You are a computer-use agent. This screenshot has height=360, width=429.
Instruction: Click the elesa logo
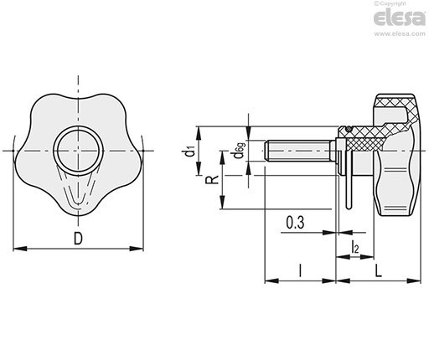(x=400, y=18)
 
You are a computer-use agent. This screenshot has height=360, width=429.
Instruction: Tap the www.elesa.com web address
(x=400, y=33)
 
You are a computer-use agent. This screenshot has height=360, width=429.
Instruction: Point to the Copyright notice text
(x=390, y=3)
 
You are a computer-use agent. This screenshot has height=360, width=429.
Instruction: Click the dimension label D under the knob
(x=78, y=239)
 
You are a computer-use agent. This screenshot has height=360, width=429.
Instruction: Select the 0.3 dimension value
(x=295, y=223)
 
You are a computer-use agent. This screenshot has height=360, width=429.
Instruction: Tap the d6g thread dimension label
(x=240, y=151)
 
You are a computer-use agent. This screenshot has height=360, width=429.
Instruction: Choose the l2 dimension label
(x=354, y=247)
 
